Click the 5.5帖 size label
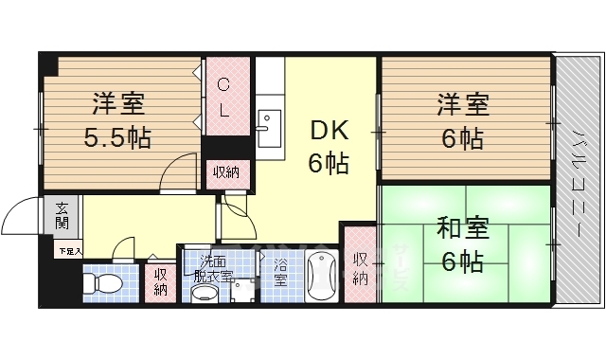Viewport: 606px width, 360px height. click(117, 138)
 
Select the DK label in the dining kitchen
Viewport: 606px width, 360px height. click(325, 130)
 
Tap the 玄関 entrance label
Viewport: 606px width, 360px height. click(62, 216)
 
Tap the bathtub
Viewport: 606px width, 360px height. click(323, 278)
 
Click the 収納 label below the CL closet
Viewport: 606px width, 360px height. click(225, 172)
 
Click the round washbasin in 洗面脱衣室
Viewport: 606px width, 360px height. click(205, 294)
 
